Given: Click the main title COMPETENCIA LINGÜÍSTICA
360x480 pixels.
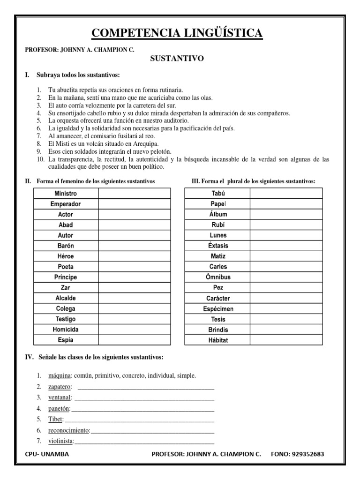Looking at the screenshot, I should coord(177,33).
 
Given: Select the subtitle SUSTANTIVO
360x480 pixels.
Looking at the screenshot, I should coord(177,59).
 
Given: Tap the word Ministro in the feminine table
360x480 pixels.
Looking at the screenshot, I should coord(66,194).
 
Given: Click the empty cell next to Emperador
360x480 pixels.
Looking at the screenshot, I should coord(135,204).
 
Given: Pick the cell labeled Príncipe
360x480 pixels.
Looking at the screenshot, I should coord(66,277).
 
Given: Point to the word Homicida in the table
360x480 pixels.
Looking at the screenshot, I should coord(66,330).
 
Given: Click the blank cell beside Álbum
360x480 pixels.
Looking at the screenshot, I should coord(286,214).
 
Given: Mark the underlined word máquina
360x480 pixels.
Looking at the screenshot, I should coord(59,375).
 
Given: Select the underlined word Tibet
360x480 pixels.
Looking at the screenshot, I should coord(55,419).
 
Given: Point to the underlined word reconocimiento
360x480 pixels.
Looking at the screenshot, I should coord(69,430).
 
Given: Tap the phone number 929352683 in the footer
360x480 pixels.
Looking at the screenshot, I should coord(305,454).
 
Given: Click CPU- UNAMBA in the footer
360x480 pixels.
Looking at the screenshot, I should coord(46,454).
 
